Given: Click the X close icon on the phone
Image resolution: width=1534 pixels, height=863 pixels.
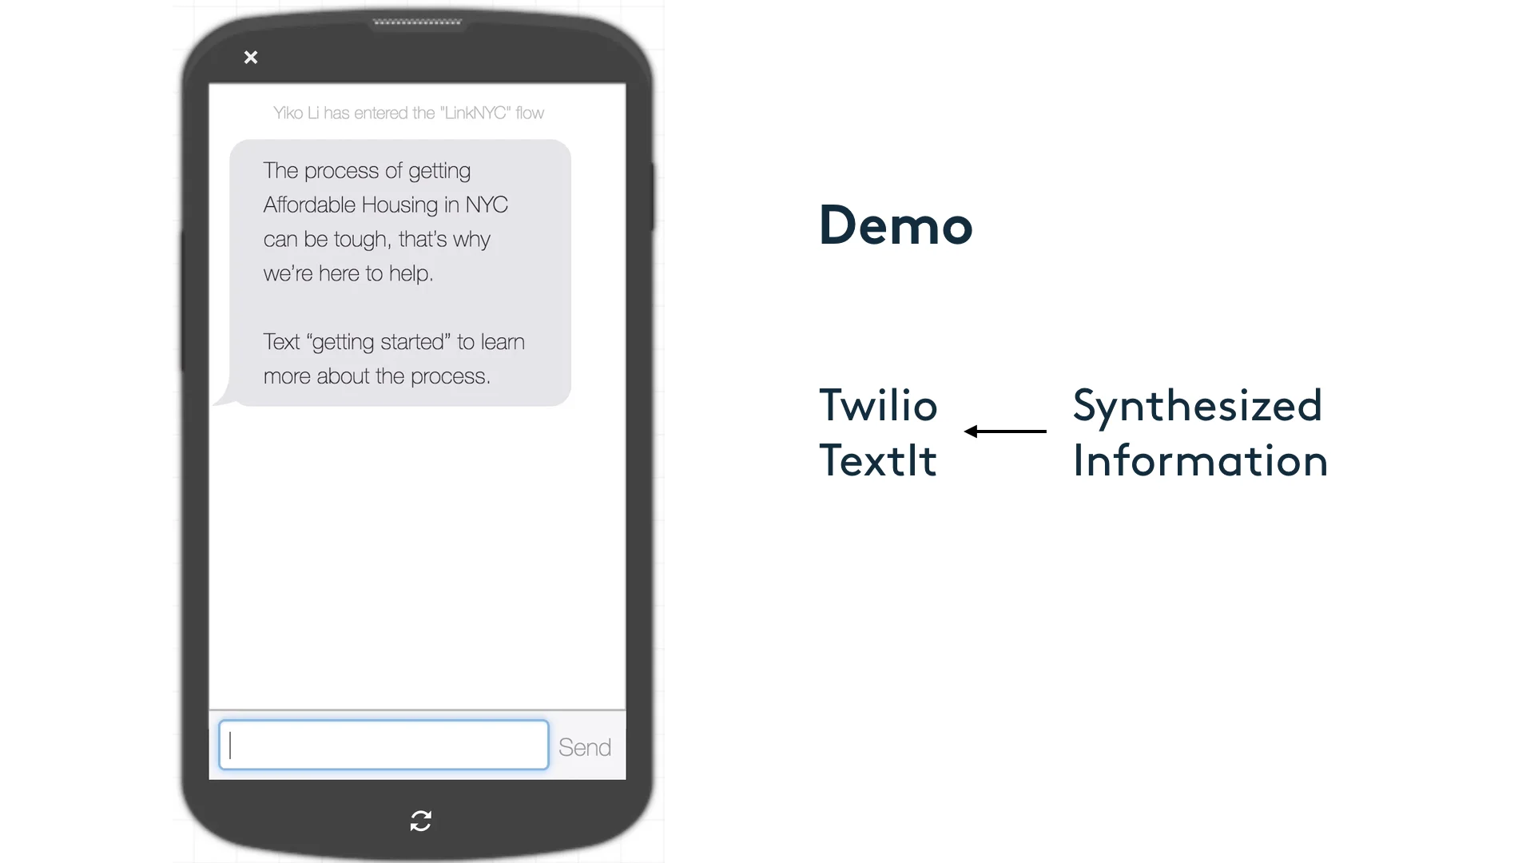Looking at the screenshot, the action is point(251,58).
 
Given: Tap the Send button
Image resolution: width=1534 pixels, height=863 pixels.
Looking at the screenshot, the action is point(585,747).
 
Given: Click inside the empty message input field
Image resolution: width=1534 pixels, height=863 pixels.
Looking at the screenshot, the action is point(383,746).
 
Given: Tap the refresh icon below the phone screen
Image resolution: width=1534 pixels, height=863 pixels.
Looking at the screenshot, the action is point(420,821).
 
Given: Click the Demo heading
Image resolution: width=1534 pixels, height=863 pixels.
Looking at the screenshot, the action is point(896,225).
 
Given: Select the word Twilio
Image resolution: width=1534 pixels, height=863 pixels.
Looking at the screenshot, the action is point(878,405).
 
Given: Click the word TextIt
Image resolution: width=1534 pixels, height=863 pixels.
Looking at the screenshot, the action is point(878,460).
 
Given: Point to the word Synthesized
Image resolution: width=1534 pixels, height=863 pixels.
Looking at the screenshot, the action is point(1197,405).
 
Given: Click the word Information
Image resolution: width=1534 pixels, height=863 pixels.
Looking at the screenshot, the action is point(1200,460).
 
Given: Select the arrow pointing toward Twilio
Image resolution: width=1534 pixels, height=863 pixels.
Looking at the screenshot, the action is point(1005,431).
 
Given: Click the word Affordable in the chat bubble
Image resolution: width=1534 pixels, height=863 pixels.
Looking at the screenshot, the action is point(309,205).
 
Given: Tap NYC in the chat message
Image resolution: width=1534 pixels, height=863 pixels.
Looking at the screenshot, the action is point(487,205).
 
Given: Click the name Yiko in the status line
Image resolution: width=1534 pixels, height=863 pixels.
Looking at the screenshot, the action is point(288,113).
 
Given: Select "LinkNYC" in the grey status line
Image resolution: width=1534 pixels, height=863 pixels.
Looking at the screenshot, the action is point(475,113).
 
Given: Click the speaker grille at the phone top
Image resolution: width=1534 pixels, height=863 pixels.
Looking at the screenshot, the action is point(417,22).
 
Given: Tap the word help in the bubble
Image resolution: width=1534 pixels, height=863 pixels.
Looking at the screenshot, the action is point(410,274).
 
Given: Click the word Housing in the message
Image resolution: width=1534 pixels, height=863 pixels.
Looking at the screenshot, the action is point(399,205).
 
